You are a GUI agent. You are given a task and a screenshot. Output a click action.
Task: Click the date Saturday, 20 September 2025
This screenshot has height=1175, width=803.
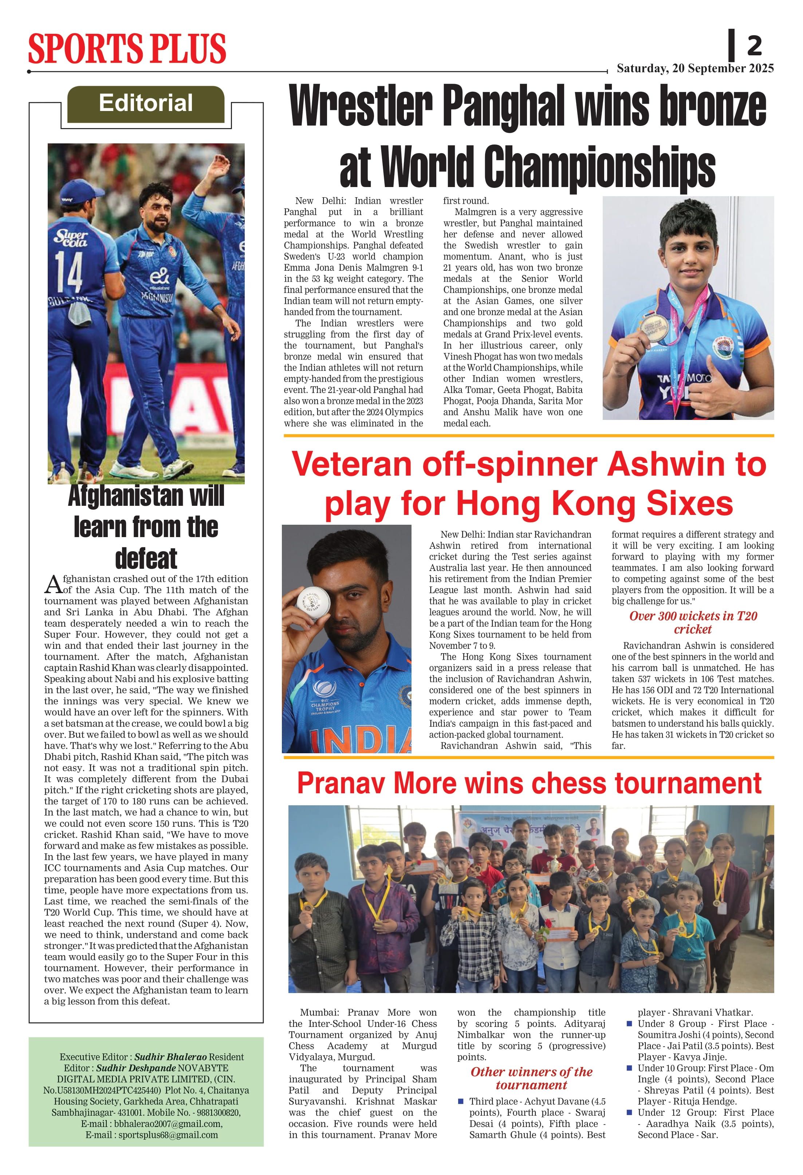(695, 68)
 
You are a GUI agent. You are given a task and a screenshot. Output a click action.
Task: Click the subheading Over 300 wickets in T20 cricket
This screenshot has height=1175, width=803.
(692, 622)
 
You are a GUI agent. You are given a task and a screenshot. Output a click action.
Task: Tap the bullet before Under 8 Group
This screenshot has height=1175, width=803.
(629, 1023)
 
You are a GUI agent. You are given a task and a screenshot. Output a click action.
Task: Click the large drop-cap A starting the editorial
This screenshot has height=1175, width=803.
(53, 584)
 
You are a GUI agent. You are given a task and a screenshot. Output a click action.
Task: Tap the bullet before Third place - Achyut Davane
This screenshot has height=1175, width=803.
(461, 1101)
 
